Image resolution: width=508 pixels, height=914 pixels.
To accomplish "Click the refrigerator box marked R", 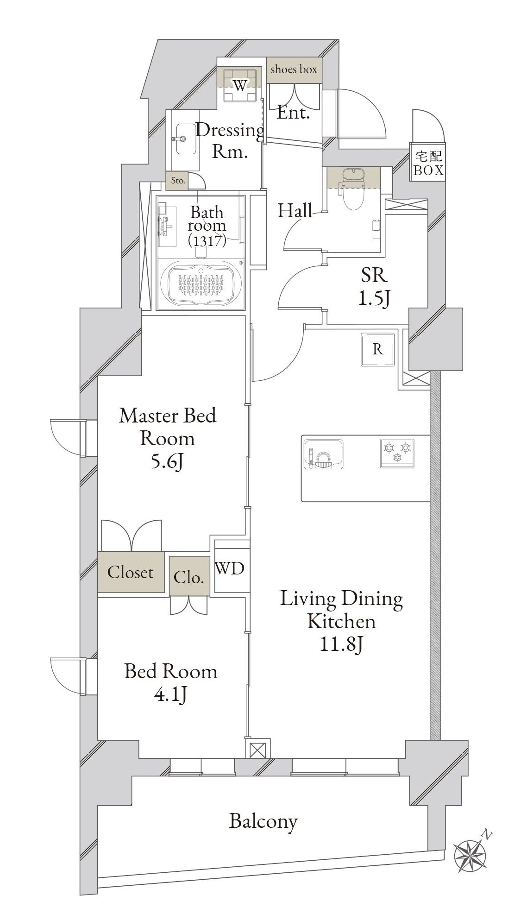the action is tap(378, 349).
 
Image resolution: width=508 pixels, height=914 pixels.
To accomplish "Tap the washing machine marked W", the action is tap(239, 85).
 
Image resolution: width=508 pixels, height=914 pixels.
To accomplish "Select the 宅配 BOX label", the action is tap(428, 163).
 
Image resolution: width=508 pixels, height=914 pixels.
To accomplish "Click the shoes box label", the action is tap(294, 69).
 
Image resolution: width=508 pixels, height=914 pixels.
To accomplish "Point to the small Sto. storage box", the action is tap(178, 181).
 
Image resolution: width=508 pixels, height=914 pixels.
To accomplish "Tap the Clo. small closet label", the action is tap(189, 578).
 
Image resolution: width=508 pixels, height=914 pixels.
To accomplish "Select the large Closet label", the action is tap(130, 573).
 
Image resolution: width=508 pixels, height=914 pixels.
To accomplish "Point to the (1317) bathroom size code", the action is tap(207, 240).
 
